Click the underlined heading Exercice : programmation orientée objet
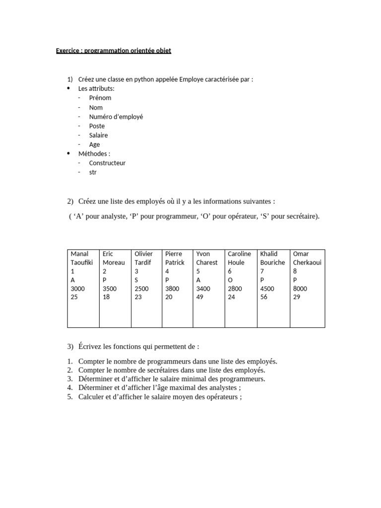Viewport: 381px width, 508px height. tap(114, 51)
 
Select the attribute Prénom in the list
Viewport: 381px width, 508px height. tap(100, 98)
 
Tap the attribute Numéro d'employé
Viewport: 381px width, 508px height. tap(116, 117)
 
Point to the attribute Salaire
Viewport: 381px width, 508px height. tap(98, 135)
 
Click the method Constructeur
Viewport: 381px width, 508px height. tap(107, 163)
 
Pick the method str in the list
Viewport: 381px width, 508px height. tap(93, 172)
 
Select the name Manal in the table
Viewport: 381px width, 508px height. tap(80, 254)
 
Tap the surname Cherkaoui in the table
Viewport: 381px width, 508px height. tap(307, 262)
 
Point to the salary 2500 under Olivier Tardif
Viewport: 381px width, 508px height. tap(141, 289)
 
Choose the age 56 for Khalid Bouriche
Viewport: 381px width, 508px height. tap(264, 297)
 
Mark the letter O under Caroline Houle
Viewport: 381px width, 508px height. tap(230, 280)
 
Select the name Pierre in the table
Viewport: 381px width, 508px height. tap(174, 254)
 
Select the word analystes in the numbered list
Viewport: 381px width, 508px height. tap(211, 388)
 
